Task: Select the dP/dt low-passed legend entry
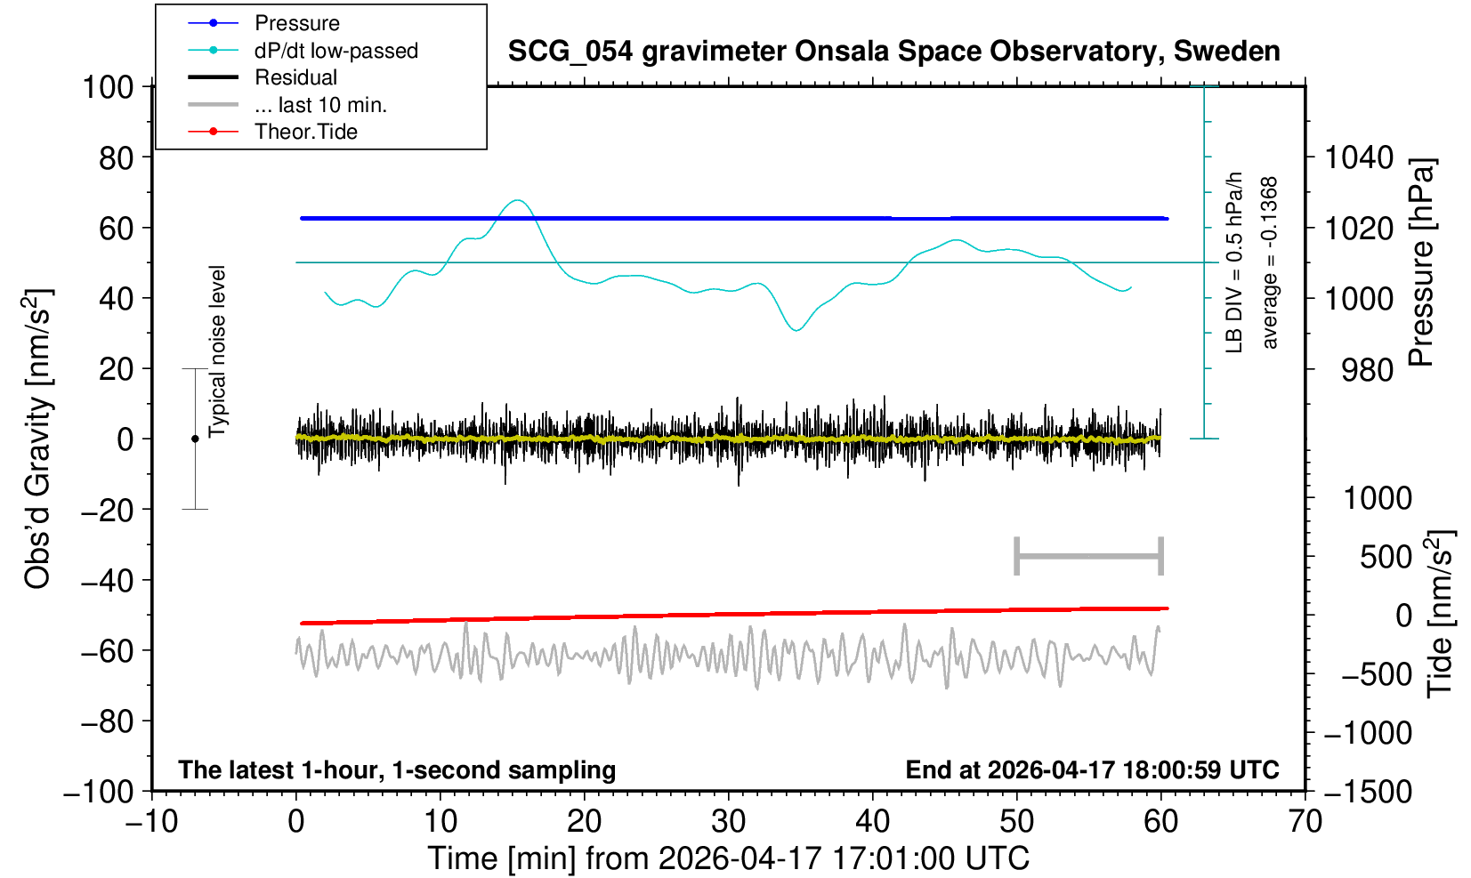(303, 51)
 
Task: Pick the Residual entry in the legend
(263, 77)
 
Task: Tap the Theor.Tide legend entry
(272, 132)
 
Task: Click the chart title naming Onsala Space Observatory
(893, 52)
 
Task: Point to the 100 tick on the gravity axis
(109, 87)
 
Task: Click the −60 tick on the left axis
(107, 651)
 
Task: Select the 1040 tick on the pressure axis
(1359, 157)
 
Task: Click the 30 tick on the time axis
(728, 822)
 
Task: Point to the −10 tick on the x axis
(151, 822)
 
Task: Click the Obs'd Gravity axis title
(38, 439)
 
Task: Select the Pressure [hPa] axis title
(1422, 262)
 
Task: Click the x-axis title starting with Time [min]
(728, 858)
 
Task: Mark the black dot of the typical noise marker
(195, 439)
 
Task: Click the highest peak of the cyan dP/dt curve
(518, 200)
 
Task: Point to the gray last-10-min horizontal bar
(1089, 556)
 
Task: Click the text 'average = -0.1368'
(1270, 262)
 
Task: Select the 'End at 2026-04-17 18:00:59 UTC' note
(1092, 769)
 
